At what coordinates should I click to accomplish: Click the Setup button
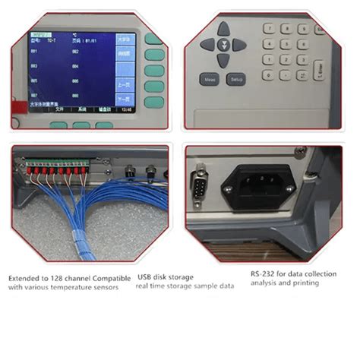(x=237, y=78)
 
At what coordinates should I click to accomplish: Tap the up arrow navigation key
(x=223, y=29)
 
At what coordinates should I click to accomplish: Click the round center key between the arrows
(x=223, y=43)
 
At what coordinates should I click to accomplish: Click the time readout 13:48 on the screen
(x=125, y=109)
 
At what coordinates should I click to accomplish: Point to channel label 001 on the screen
(x=35, y=52)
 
